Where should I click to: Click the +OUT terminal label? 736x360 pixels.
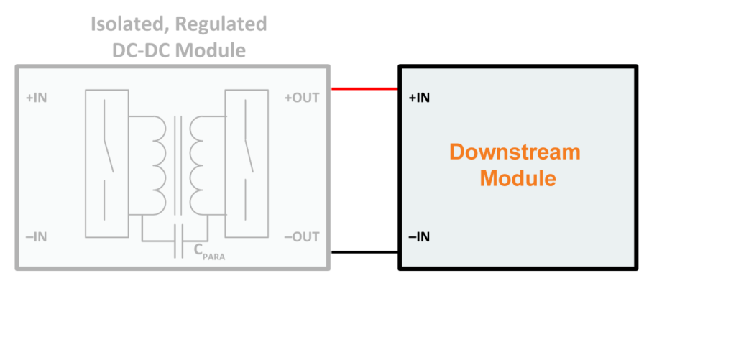click(x=302, y=98)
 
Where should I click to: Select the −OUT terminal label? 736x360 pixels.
click(x=302, y=237)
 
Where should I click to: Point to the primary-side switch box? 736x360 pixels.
click(x=107, y=162)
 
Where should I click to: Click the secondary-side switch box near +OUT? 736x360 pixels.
click(x=247, y=162)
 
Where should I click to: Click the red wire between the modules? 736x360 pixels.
click(x=365, y=89)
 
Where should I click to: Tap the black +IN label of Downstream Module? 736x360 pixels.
click(x=419, y=98)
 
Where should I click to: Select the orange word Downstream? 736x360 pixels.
click(x=515, y=152)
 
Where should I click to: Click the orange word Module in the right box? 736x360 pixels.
click(x=517, y=178)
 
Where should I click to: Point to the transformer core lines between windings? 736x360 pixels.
click(x=178, y=162)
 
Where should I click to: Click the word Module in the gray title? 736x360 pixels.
click(x=213, y=50)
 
